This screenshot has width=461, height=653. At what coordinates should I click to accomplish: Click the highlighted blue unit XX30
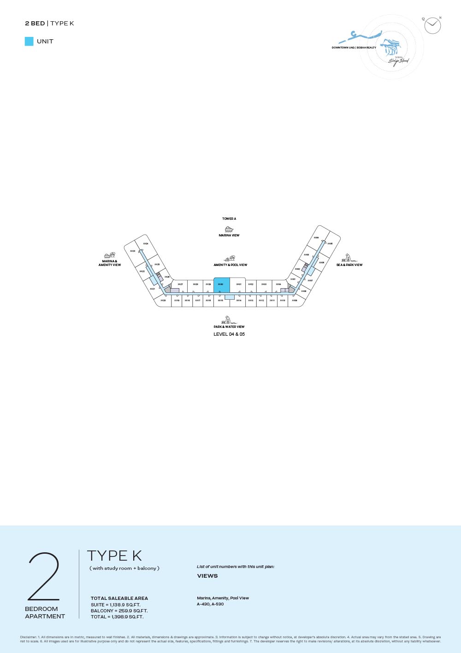(221, 285)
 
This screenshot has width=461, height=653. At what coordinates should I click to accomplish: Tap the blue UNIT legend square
(29, 42)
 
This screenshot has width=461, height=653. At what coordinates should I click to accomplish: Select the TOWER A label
(229, 219)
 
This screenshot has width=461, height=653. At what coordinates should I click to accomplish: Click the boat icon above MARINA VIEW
(229, 229)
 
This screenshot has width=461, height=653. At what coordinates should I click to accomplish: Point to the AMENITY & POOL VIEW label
(230, 265)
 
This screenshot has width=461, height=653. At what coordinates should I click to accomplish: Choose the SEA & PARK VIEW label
(349, 265)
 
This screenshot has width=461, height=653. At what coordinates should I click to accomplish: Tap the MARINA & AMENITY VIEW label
(110, 263)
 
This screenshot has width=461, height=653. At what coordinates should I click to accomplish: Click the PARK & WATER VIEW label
(229, 327)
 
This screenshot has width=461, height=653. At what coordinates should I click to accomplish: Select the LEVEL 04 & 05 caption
(229, 334)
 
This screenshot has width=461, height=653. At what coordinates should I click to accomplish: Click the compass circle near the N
(432, 26)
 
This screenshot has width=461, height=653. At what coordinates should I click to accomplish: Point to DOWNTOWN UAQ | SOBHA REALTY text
(354, 48)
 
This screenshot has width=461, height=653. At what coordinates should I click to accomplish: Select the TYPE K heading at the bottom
(114, 556)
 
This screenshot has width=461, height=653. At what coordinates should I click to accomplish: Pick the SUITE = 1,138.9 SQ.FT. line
(116, 605)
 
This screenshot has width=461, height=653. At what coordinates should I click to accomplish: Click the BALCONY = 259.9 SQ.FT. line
(119, 611)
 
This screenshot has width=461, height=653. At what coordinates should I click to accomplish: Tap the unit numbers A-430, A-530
(210, 604)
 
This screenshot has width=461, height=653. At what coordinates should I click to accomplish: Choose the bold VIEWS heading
(207, 576)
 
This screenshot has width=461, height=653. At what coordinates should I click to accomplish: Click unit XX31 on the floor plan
(239, 285)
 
